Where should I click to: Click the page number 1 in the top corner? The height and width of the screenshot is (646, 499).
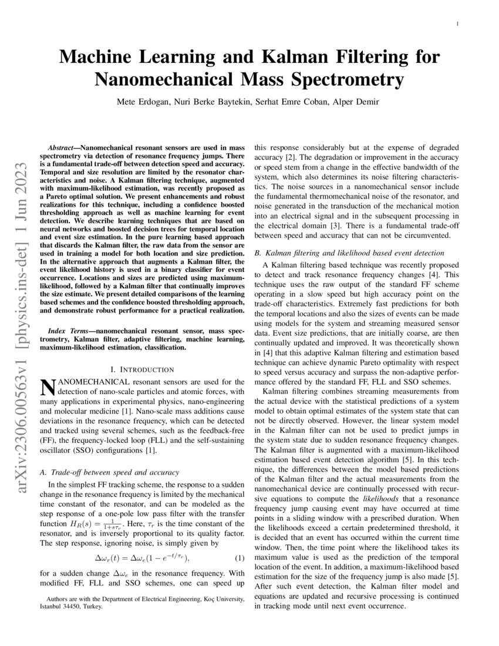pos(457,23)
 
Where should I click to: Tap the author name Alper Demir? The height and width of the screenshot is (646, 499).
pos(359,102)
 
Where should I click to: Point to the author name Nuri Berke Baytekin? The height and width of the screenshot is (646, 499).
pos(210,102)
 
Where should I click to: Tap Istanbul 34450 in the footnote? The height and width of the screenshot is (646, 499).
pos(63,607)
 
